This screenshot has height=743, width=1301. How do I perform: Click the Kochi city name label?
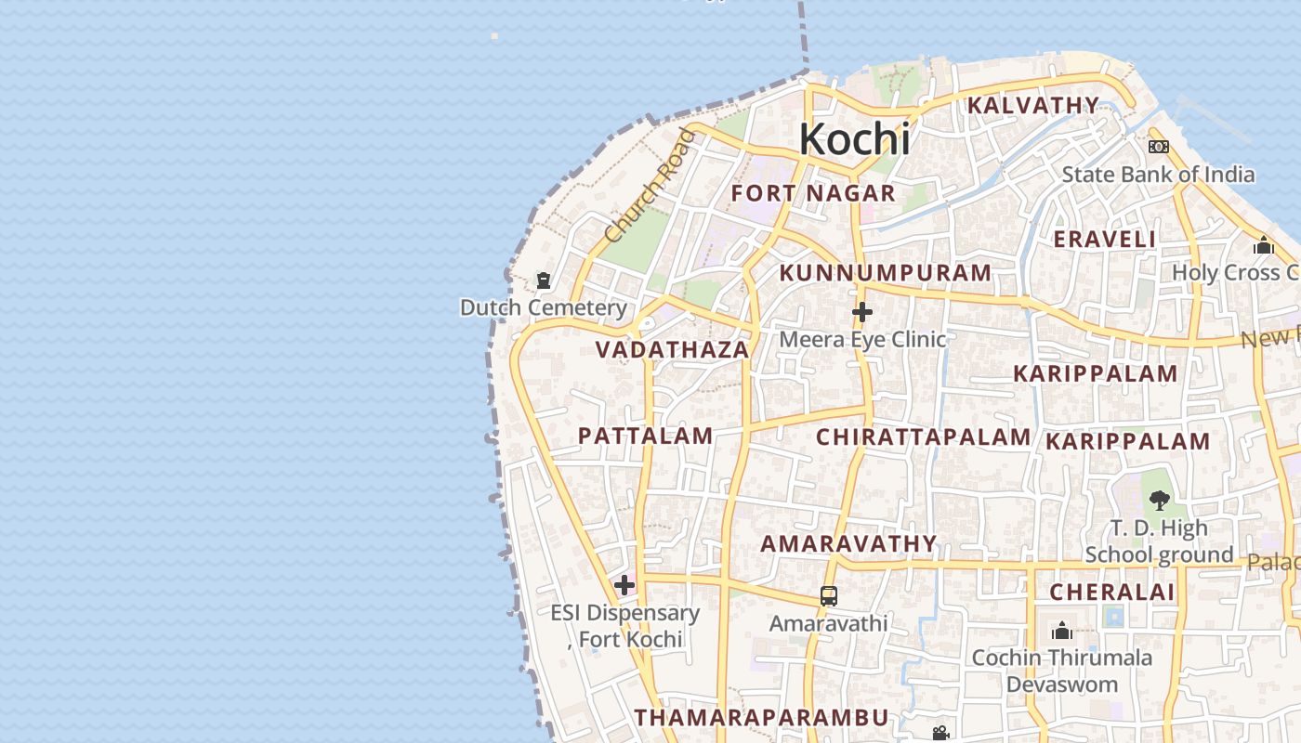pos(854,139)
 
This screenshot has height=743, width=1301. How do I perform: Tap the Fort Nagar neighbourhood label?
pos(813,193)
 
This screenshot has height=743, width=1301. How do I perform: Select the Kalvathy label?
pos(1033,105)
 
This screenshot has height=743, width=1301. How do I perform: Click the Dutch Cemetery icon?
pos(544,280)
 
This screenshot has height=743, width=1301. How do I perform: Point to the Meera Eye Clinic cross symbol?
pos(862,312)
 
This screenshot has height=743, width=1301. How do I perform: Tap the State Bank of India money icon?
pos(1158,147)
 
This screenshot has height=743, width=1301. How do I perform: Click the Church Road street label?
pos(649,187)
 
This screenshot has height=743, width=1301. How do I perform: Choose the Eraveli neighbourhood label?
pos(1104,239)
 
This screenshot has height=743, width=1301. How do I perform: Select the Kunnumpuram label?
pos(886,273)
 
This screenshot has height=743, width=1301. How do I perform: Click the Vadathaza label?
pos(672,350)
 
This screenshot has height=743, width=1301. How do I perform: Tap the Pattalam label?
pos(646,436)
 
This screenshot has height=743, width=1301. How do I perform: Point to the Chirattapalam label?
pos(924,437)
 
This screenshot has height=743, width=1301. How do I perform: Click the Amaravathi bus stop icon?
pos(828,596)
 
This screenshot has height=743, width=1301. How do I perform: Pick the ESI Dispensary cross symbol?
pos(624,585)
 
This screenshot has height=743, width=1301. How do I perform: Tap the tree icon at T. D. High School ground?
pos(1159,501)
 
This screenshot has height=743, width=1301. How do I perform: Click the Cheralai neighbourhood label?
pos(1112,592)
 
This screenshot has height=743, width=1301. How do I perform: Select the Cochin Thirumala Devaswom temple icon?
pos(1061,632)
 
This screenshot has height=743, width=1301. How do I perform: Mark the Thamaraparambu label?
pos(762,717)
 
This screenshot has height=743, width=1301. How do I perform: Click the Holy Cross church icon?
pos(1263,245)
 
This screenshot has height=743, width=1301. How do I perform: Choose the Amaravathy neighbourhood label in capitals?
pos(848,543)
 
